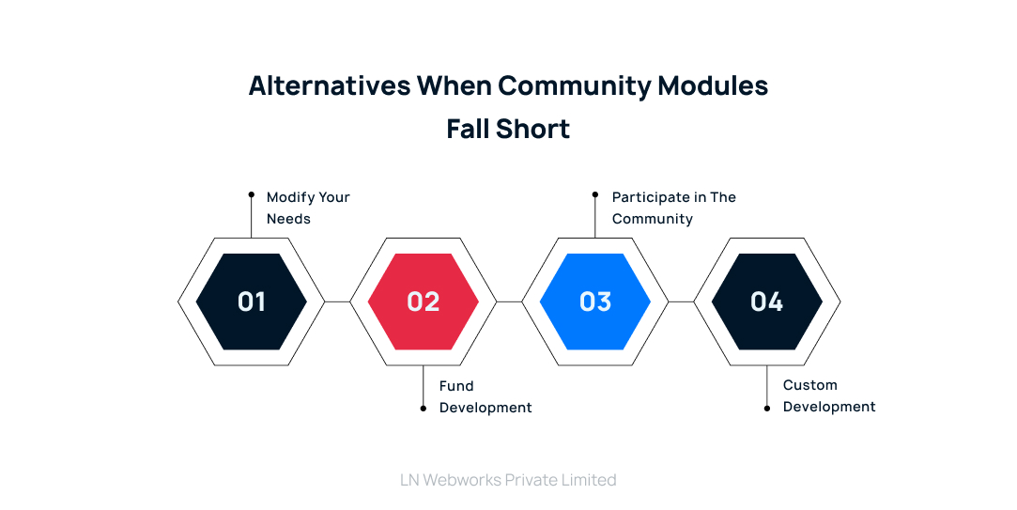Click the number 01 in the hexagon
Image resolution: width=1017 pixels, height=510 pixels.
pos(252,301)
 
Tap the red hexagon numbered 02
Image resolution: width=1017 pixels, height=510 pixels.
pos(424,301)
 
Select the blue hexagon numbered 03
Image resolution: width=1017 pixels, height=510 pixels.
pos(595,301)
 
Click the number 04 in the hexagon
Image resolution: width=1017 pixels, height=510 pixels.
pos(767,301)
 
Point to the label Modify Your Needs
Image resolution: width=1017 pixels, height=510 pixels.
pos(308,208)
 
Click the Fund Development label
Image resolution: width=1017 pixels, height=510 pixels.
pos(485,396)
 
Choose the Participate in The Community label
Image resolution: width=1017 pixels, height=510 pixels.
pos(673,208)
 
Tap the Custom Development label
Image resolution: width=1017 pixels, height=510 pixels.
pos(829,395)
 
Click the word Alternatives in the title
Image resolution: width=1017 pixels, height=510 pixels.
pos(330,85)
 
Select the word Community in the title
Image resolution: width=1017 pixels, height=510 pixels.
pos(575,85)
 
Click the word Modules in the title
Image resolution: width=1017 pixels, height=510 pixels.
pos(714,85)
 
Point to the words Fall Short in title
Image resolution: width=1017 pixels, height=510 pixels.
pos(508,129)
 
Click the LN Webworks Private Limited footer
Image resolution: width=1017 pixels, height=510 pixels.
pos(508,480)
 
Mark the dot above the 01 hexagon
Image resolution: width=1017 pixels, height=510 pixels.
pos(252,194)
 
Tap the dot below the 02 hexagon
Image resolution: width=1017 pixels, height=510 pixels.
pos(424,409)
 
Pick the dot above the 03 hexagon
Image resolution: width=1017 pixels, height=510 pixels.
pos(595,194)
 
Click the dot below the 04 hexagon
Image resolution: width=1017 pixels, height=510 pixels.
pos(767,409)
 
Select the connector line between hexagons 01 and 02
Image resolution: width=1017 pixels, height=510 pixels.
pos(337,301)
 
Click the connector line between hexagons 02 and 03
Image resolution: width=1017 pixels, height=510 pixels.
pos(509,301)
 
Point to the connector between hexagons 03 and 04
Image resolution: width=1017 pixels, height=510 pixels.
pos(681,301)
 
